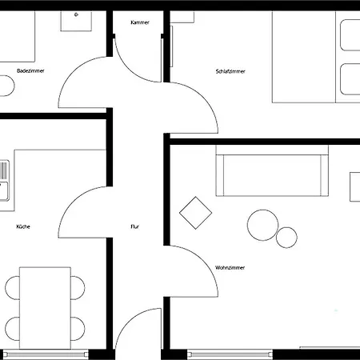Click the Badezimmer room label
[30, 71]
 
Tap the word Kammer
[140, 22]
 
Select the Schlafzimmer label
[230, 71]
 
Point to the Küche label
[23, 227]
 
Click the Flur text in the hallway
[135, 227]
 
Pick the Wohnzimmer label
[230, 267]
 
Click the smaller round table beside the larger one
[286, 237]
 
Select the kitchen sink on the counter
[4, 179]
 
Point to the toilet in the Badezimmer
[5, 85]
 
